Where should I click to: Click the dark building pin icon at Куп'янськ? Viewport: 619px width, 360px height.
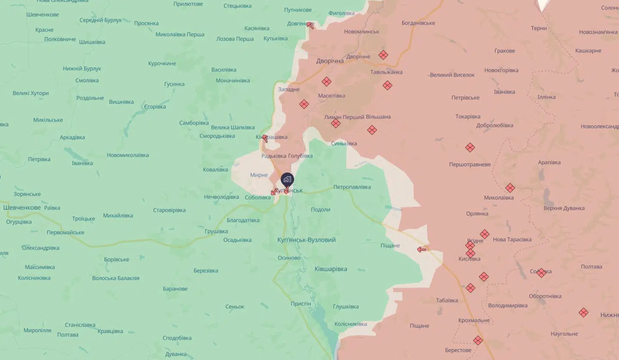point(287,179)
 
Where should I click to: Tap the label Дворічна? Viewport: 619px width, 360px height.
point(330,61)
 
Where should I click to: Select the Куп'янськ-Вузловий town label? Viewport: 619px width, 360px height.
point(306,240)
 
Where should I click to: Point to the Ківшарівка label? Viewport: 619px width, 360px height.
point(331,269)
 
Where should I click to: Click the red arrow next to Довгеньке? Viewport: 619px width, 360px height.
point(310,25)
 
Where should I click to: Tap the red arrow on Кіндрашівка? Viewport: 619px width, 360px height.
point(265,138)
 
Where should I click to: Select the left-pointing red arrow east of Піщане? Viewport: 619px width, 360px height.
point(422,249)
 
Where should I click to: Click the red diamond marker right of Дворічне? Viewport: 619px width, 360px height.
point(383,55)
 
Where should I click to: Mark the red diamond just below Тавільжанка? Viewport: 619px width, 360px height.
point(387,85)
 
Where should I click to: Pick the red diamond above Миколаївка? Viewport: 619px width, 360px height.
point(510,188)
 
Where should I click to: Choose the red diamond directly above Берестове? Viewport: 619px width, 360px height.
point(478,340)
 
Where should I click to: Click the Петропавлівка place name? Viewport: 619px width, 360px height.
point(352,187)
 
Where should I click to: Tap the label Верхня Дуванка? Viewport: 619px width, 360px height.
point(564,208)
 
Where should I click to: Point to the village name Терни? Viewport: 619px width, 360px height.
point(539,28)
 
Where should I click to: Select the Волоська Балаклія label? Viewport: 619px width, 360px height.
point(116,278)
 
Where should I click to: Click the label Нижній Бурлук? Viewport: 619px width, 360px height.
point(82,68)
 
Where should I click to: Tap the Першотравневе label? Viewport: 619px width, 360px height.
point(469,164)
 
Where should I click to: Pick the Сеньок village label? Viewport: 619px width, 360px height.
point(235,306)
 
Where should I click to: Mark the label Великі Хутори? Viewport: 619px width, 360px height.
point(31,93)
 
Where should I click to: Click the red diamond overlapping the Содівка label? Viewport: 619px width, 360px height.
point(541,272)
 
